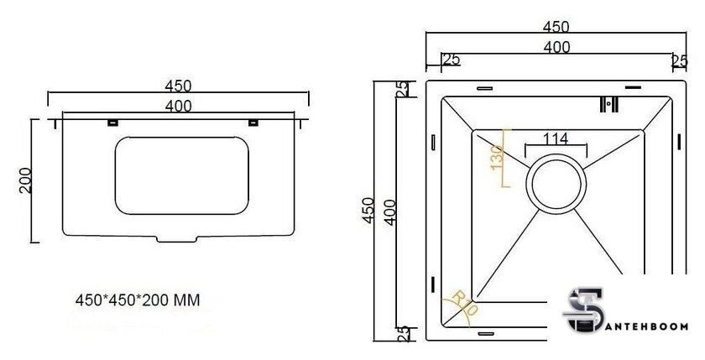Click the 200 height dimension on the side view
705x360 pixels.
(24, 180)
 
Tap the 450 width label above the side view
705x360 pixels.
(180, 86)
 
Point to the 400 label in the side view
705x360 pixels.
(179, 106)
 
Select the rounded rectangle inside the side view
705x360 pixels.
(181, 175)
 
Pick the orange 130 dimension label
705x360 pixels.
(496, 156)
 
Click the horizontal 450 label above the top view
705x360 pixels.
(556, 27)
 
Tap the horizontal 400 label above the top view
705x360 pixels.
(556, 48)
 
